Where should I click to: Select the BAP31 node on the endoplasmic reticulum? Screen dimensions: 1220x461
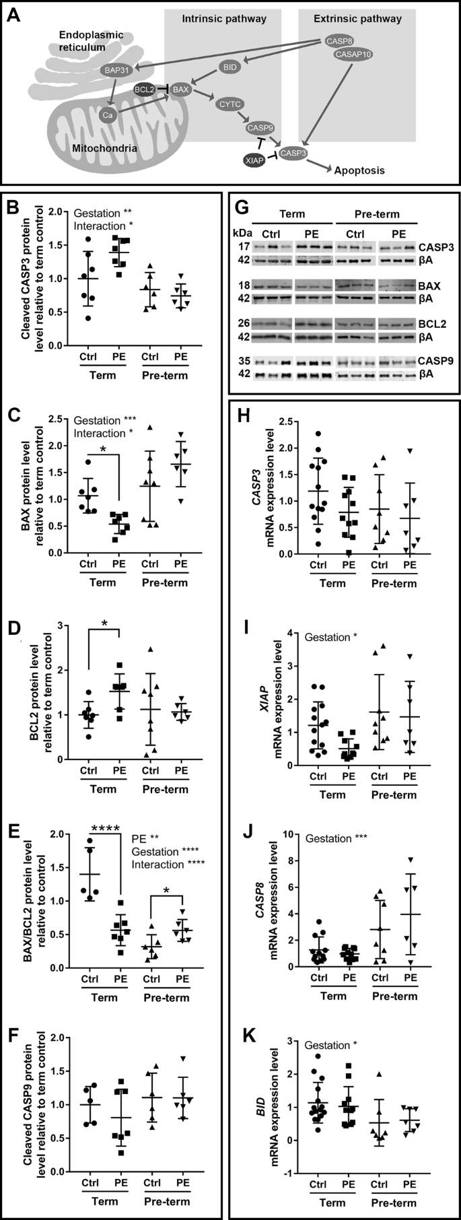point(112,69)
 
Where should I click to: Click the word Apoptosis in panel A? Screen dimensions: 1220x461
point(360,171)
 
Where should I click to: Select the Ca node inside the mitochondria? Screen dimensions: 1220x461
point(106,116)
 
